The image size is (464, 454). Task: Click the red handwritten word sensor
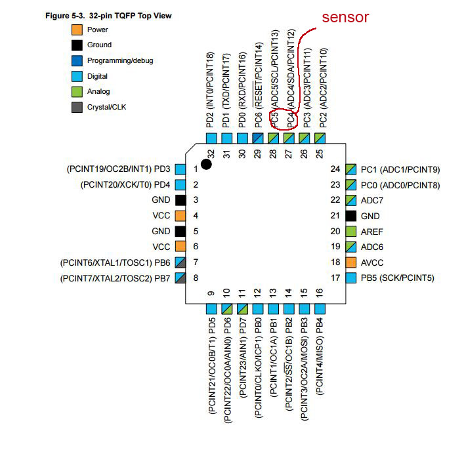[x=345, y=17]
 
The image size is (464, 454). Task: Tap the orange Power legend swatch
[x=77, y=30]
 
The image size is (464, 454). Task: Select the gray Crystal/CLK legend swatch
[x=77, y=107]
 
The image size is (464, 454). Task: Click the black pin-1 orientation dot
[x=206, y=164]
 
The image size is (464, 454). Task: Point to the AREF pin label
[x=372, y=232]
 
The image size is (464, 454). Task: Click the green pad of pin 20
[x=351, y=232]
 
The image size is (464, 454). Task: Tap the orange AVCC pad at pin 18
[x=351, y=262]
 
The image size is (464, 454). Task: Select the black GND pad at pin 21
[x=351, y=216]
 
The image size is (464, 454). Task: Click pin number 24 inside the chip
[x=335, y=169]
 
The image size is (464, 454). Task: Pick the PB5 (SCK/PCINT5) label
[x=398, y=278]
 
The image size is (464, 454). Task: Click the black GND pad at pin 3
[x=180, y=200]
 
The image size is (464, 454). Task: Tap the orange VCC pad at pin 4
[x=180, y=216]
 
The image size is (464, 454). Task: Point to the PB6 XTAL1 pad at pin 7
[x=180, y=262]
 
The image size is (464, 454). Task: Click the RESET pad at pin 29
[x=258, y=138]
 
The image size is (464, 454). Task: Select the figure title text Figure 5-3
[x=65, y=16]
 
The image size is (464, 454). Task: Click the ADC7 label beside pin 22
[x=372, y=201]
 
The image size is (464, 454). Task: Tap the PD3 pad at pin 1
[x=180, y=169]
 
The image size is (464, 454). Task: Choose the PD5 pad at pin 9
[x=211, y=309]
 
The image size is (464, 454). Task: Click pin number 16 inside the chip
[x=320, y=293]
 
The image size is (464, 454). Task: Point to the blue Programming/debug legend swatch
[x=77, y=60]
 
